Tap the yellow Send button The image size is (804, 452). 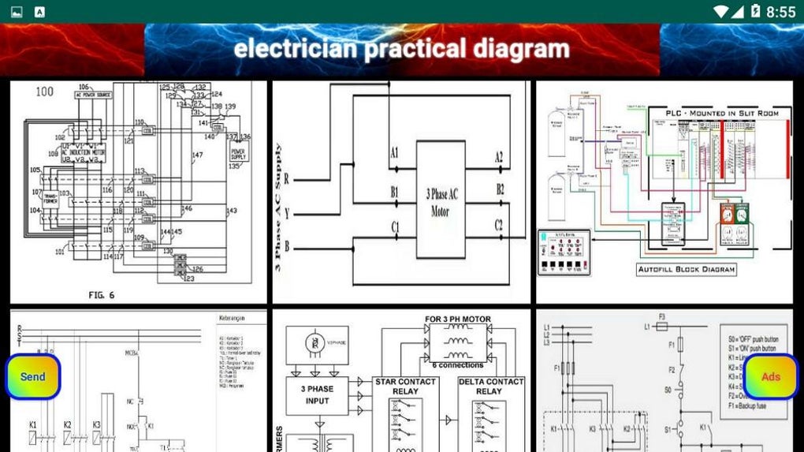click(33, 377)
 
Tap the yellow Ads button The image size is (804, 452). click(770, 377)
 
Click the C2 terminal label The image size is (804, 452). click(498, 226)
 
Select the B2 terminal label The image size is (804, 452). click(499, 189)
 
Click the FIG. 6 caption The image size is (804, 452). click(102, 295)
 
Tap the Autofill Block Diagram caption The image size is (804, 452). click(686, 270)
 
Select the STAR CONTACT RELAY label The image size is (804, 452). click(405, 387)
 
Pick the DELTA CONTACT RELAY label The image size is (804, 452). click(490, 387)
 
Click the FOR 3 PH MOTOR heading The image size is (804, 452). click(457, 319)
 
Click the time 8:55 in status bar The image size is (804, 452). click(780, 12)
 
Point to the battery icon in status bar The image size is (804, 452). click(755, 12)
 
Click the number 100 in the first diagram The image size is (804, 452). click(45, 92)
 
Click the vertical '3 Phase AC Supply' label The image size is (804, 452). click(278, 207)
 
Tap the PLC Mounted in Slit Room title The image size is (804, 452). click(722, 114)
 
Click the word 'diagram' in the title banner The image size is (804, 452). click(521, 49)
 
